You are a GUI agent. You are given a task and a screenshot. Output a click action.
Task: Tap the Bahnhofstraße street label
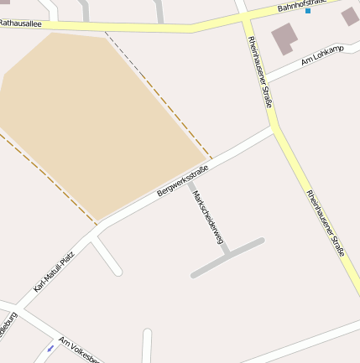tap(303, 6)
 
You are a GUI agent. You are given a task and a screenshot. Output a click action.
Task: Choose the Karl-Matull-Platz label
tap(54, 272)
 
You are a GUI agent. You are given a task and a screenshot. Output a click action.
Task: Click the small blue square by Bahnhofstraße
tap(308, 11)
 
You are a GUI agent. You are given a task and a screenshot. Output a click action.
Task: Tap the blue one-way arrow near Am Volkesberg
tap(51, 347)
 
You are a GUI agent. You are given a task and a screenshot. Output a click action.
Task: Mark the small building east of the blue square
tap(350, 16)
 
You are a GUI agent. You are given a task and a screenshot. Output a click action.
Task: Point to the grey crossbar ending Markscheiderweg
tap(227, 258)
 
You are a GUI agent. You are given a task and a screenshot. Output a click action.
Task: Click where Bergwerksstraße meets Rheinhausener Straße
tap(275, 129)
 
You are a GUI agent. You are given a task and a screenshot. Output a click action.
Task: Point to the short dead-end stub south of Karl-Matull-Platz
tap(107, 257)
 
